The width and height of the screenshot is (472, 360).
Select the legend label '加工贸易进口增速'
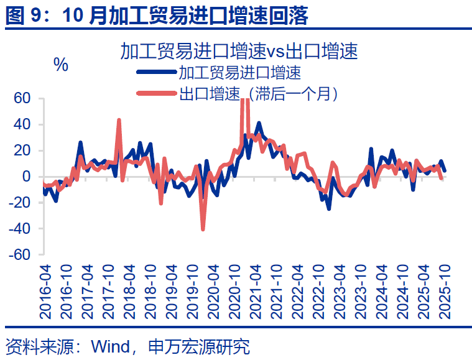240,73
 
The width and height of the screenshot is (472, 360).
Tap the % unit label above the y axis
61,65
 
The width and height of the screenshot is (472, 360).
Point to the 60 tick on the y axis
22,98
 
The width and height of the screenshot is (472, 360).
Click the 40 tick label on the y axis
22,124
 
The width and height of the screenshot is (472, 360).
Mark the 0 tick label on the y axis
27,177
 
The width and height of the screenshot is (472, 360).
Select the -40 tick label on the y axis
19,229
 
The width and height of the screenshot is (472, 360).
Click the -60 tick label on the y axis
19,255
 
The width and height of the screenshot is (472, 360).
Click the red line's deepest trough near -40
203,229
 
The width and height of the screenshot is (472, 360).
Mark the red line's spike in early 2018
119,120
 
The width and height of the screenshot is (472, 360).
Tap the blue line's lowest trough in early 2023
328,208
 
